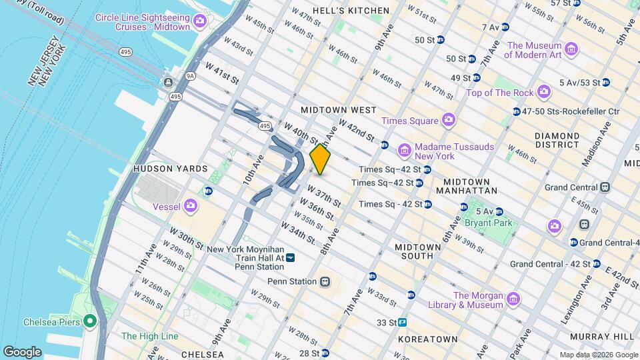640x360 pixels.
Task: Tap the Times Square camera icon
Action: pos(449,120)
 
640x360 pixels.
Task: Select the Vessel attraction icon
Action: pos(191,206)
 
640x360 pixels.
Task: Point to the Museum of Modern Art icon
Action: pos(571,49)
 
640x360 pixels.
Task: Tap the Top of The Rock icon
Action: pos(544,91)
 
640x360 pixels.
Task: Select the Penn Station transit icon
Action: pos(325,281)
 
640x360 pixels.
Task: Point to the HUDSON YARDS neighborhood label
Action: pos(162,169)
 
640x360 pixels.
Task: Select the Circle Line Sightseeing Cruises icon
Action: pos(199,23)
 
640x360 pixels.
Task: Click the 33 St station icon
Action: pos(403,323)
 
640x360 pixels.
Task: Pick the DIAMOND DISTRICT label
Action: pos(557,139)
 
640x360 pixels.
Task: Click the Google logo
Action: pos(23,351)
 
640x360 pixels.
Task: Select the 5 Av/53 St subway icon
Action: pos(605,83)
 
